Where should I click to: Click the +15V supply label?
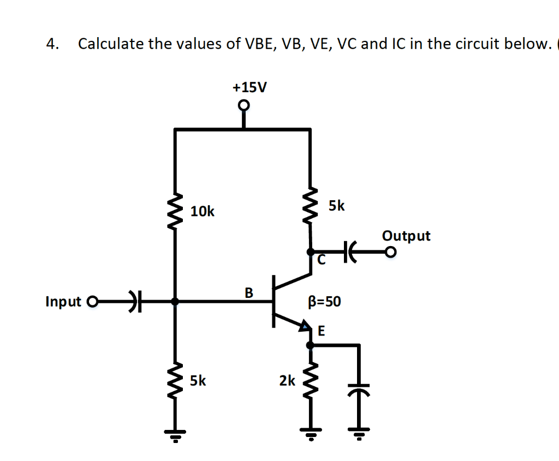coord(249,87)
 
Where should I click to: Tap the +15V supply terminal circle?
coord(243,105)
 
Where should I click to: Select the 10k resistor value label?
coord(203,211)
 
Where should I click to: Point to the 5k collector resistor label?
coord(337,206)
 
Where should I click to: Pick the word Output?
coord(406,236)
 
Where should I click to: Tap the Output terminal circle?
coord(390,252)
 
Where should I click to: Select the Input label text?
coord(63,302)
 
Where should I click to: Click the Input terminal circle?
coord(92,301)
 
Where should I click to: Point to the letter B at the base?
coord(249,293)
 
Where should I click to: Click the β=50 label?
coord(325,302)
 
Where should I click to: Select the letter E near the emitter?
coord(321,330)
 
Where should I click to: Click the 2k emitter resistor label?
coord(287,380)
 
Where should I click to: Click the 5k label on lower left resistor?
coord(198,380)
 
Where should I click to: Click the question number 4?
coord(52,44)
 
